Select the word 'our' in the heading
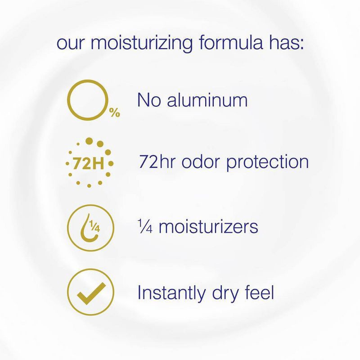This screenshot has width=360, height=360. (x=68, y=45)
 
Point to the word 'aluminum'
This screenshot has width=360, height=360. (x=208, y=100)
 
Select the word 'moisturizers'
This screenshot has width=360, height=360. (x=208, y=227)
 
